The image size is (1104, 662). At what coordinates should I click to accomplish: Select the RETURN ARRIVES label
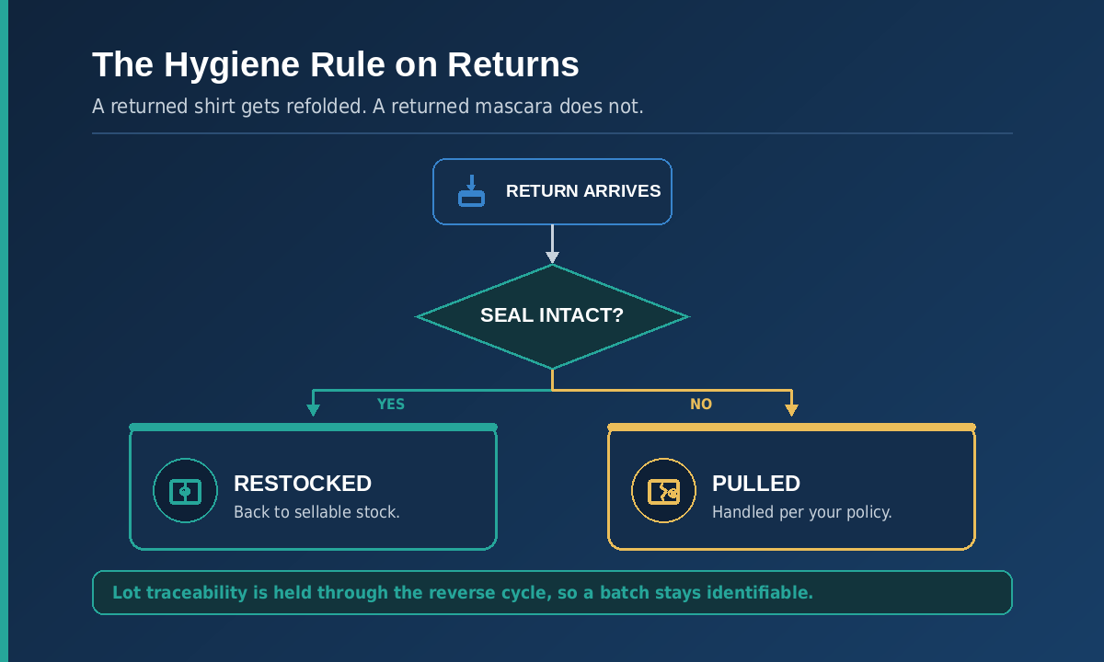tap(583, 191)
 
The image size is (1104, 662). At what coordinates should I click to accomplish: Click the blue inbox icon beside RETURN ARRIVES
tap(471, 191)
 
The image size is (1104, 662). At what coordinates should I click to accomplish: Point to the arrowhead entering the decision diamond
tap(552, 257)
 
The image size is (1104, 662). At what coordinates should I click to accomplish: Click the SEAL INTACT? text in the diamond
tap(552, 315)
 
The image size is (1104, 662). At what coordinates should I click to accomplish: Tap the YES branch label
tap(391, 405)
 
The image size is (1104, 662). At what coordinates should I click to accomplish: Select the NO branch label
tap(701, 405)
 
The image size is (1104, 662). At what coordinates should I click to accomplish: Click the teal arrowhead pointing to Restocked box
tap(313, 410)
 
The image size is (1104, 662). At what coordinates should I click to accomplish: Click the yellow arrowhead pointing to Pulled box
tap(791, 410)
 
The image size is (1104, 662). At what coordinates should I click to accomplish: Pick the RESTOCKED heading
tap(303, 484)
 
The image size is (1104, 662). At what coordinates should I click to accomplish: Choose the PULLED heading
tap(756, 484)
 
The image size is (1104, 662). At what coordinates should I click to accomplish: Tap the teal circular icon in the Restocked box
tap(185, 491)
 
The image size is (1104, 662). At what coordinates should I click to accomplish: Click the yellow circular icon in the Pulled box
tap(663, 491)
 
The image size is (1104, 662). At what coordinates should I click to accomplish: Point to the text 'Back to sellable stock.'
tap(316, 512)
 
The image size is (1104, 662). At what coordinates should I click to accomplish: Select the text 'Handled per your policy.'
tap(802, 513)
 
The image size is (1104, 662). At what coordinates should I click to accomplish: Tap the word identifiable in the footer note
tap(760, 592)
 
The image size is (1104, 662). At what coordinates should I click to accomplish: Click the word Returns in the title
tap(513, 65)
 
